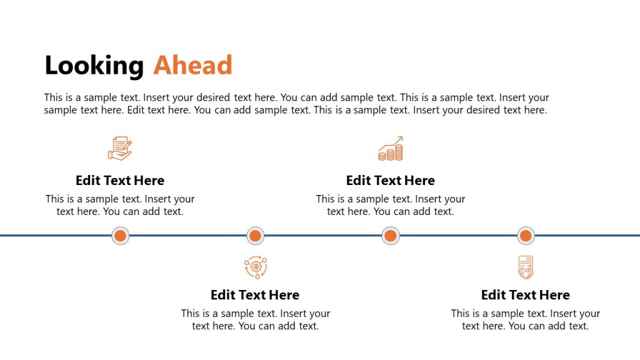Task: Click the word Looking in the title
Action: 94,66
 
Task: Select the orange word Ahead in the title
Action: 192,65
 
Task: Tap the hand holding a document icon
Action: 119,149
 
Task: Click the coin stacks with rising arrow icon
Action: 391,149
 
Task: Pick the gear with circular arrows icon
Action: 255,267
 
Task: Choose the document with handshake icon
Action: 526,267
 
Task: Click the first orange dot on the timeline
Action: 121,236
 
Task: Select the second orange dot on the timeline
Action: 254,236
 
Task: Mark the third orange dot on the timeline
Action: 391,236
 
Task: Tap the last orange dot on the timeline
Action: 526,236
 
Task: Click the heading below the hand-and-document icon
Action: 120,181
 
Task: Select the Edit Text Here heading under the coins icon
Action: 391,181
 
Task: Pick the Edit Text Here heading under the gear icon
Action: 255,295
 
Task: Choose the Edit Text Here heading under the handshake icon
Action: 526,295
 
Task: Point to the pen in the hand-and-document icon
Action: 127,144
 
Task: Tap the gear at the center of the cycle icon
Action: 255,267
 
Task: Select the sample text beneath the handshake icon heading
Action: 526,319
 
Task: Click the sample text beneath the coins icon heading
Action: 391,205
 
